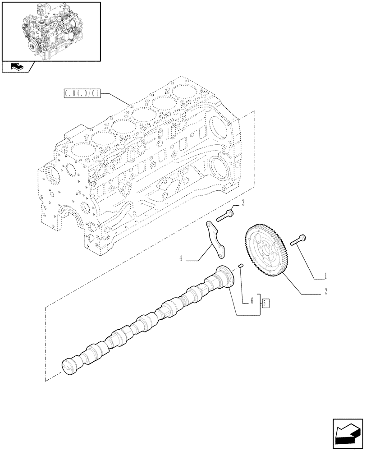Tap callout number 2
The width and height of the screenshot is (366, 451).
(x=325, y=292)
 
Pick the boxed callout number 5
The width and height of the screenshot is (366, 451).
(x=265, y=302)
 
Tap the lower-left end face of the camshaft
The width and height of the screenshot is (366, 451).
(x=68, y=366)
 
